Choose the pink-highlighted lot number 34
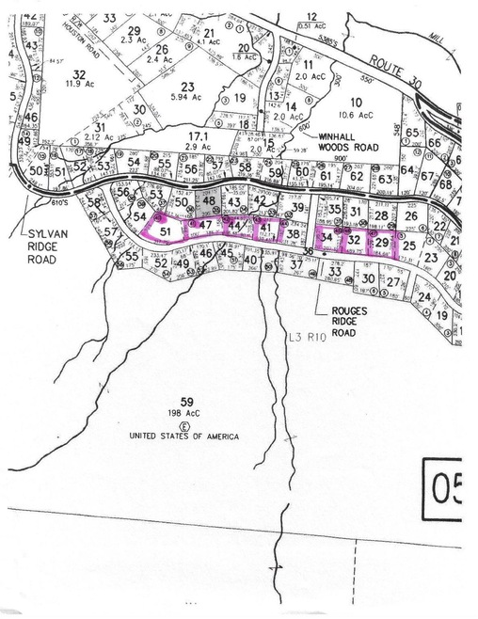(x=327, y=239)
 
